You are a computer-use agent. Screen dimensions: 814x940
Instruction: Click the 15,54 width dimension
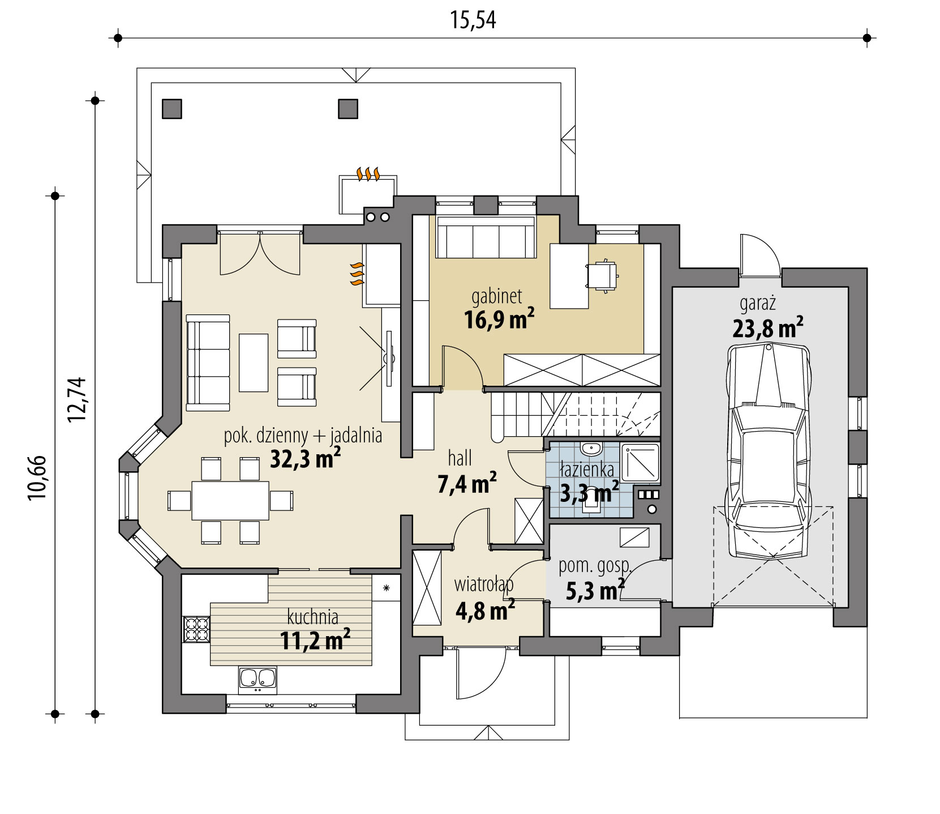(473, 20)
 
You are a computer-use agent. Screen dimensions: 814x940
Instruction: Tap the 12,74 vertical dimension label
(76, 399)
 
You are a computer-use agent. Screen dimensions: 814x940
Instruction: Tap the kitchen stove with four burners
(196, 629)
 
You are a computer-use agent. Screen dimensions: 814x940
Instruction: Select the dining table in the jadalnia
(230, 500)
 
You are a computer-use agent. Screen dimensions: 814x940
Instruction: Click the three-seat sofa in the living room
(208, 363)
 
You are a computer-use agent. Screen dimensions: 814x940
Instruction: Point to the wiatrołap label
(483, 583)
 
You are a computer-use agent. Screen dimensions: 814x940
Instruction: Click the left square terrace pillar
(172, 108)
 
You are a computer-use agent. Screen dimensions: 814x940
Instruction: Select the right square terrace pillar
(348, 108)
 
